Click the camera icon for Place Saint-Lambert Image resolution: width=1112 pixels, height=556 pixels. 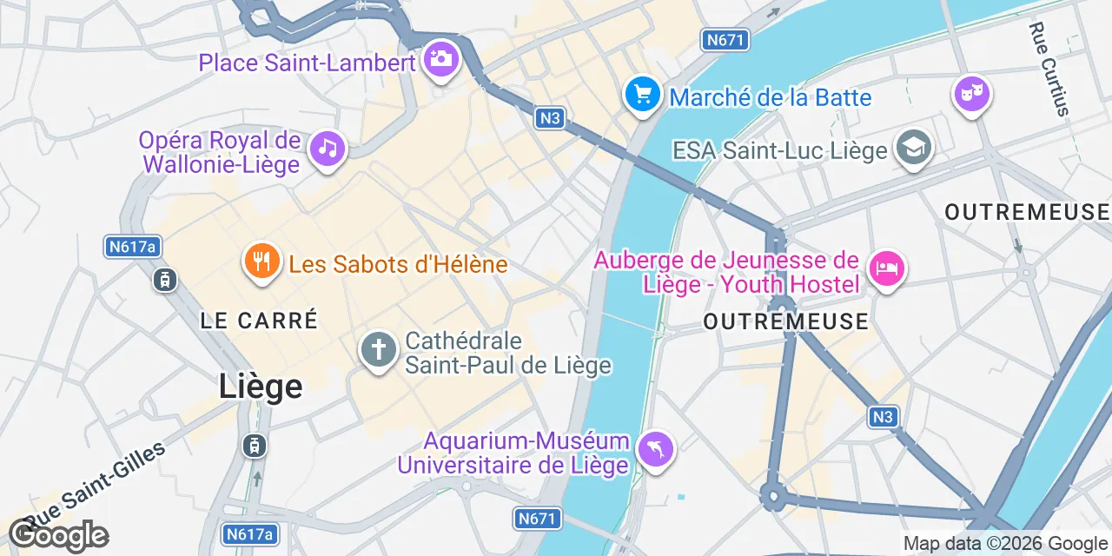[x=441, y=59]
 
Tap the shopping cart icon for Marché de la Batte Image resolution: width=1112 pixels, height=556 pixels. [x=643, y=93]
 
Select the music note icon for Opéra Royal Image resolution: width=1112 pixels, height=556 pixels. [x=327, y=148]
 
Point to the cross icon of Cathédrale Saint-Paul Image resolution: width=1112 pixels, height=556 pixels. [x=378, y=351]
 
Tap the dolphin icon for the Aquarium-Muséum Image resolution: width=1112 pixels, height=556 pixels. [x=656, y=449]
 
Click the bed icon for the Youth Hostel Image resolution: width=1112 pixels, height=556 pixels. [x=885, y=268]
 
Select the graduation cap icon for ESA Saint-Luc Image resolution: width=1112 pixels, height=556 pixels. [x=913, y=146]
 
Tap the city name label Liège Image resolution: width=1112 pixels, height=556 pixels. [x=261, y=387]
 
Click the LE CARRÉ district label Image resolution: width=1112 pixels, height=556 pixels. [x=259, y=320]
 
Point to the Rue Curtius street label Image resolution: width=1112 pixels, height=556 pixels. [x=1049, y=69]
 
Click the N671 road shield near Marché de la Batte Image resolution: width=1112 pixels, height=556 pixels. [x=725, y=40]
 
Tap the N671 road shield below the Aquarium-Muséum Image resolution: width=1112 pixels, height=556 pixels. [x=535, y=519]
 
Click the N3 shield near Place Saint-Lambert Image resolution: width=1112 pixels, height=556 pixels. [x=549, y=118]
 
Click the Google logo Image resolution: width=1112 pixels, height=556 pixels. [x=59, y=535]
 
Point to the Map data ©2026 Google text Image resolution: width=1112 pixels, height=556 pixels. [x=1004, y=545]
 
